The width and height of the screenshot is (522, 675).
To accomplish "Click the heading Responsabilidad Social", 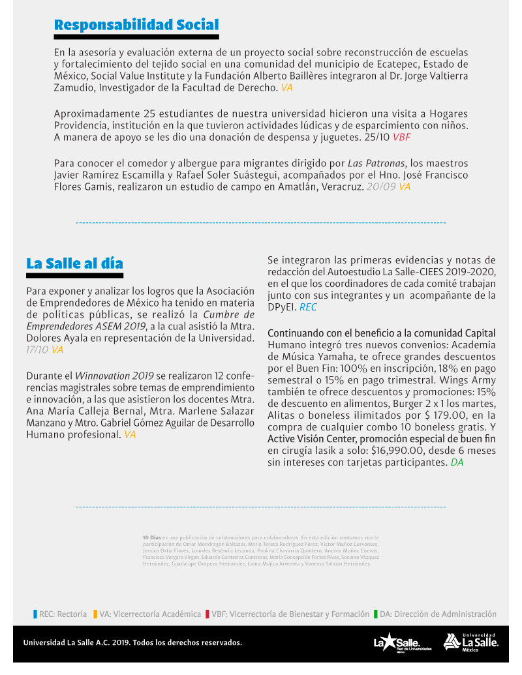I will click(136, 25).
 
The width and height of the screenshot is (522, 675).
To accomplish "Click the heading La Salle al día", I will click(74, 263).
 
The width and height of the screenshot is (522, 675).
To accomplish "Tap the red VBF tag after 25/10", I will click(401, 137).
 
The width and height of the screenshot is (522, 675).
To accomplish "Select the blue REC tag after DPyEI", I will click(308, 307).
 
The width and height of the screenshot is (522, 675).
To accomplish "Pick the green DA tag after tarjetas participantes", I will click(457, 462).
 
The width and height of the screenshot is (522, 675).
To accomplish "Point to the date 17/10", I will click(37, 350).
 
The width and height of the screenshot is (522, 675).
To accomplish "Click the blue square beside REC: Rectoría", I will click(35, 614).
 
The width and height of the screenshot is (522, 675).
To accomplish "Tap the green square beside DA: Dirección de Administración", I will click(376, 614).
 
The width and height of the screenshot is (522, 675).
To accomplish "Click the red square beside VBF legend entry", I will click(207, 614).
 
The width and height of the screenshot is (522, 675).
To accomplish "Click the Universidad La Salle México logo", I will click(471, 642).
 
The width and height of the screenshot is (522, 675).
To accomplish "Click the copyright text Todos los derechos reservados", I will click(187, 642).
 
